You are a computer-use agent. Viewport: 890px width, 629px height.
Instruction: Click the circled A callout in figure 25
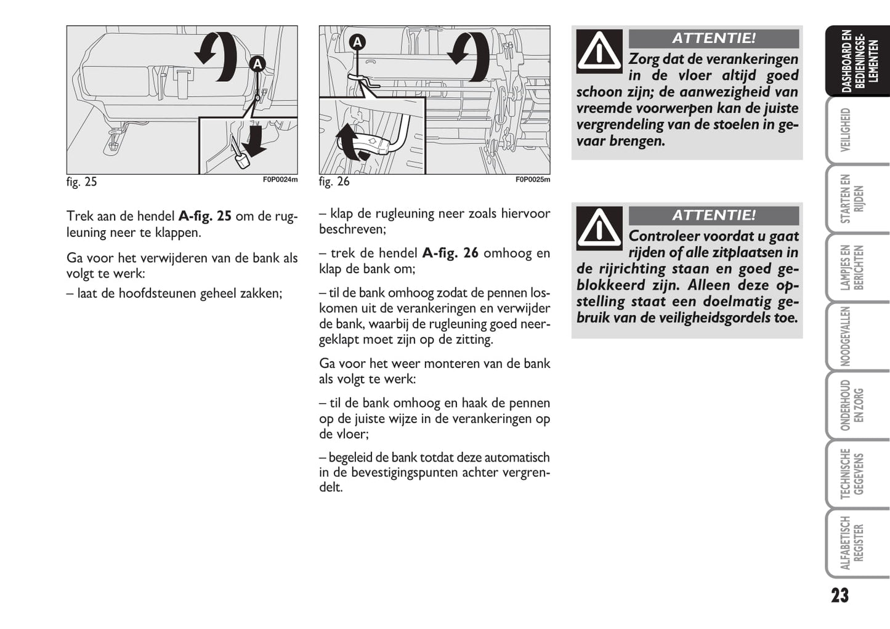pos(257,63)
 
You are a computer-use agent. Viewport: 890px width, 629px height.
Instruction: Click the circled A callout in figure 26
pos(357,42)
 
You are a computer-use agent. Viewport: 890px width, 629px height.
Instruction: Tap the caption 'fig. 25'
pos(82,182)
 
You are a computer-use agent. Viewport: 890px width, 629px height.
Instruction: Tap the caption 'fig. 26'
pos(334,182)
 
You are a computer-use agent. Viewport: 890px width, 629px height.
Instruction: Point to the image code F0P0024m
pos(280,180)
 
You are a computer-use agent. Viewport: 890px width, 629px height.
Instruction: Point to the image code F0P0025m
pos(533,180)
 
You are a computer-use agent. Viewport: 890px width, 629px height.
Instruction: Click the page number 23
pos(839,595)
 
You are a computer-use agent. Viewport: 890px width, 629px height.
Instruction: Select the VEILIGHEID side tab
pos(847,130)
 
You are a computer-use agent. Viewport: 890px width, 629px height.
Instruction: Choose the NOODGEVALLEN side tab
pos(847,337)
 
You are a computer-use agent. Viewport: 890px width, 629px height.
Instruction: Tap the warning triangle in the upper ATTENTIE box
pos(599,51)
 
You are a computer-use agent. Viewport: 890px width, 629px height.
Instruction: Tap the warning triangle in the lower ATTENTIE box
pos(599,228)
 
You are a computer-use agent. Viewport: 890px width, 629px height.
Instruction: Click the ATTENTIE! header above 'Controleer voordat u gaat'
pos(714,215)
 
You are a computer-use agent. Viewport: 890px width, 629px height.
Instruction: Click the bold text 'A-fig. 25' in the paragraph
pos(205,217)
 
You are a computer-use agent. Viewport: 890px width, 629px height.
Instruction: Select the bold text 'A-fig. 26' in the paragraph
pos(450,253)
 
